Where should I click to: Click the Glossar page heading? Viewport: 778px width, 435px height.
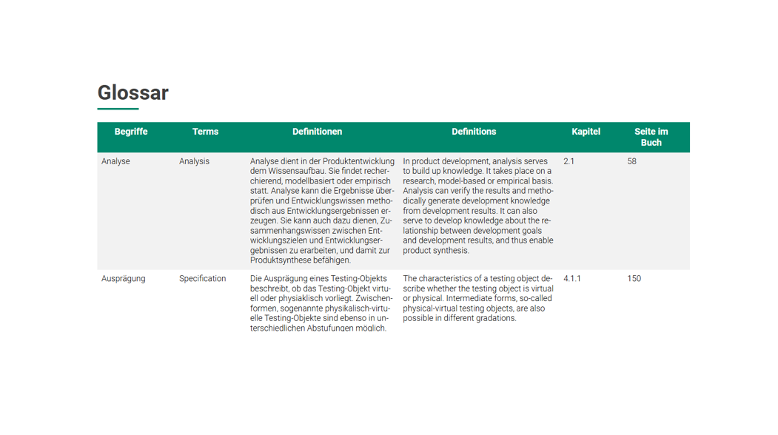click(133, 93)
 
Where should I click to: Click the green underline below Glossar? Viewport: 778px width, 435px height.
click(118, 109)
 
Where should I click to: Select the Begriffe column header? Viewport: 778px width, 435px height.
click(131, 132)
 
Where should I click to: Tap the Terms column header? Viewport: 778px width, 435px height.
click(205, 132)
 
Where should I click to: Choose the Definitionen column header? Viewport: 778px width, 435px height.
click(317, 132)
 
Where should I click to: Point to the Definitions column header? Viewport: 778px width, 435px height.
click(474, 132)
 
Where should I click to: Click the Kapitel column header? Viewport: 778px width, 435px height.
click(586, 132)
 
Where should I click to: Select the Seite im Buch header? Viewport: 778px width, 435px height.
click(651, 137)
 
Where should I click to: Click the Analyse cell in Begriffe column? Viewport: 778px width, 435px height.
click(115, 161)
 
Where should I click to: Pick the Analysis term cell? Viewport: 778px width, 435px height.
click(194, 161)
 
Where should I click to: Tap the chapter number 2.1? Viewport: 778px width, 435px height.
click(569, 161)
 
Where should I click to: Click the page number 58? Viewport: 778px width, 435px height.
click(631, 161)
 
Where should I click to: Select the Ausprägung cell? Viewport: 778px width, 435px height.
click(123, 279)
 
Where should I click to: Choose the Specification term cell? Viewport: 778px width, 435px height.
click(202, 279)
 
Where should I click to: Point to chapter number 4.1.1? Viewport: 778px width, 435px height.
click(572, 279)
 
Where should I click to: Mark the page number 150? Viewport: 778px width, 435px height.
click(634, 279)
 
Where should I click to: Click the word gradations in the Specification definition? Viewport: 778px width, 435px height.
click(497, 318)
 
